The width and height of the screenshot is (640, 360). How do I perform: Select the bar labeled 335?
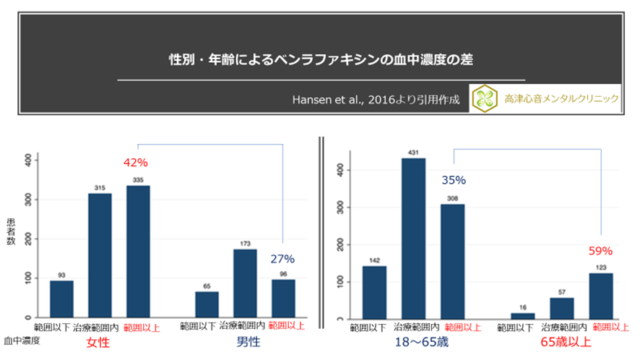[138, 252]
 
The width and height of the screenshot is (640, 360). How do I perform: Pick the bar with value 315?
[100, 255]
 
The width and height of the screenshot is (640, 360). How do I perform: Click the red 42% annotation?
[137, 163]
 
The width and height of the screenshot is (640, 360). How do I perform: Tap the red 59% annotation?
[600, 251]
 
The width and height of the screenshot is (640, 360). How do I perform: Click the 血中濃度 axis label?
[21, 338]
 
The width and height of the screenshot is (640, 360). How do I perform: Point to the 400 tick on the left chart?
[28, 159]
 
